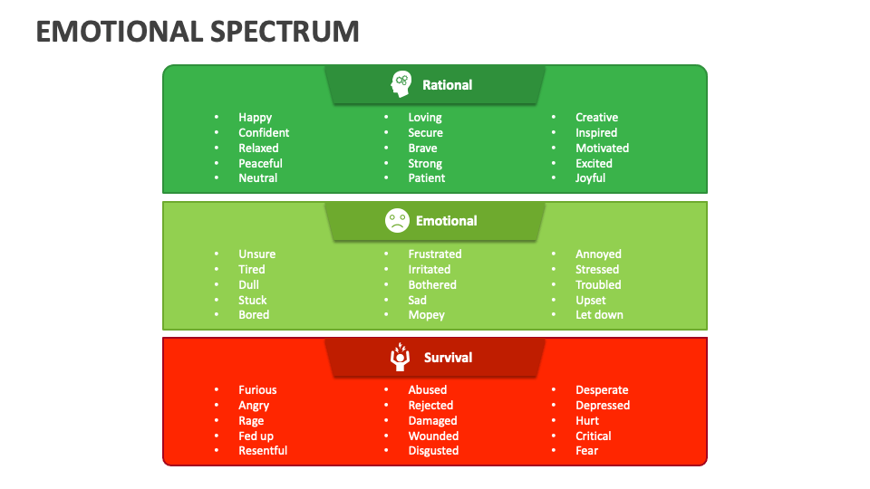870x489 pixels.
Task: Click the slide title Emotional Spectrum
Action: tap(198, 31)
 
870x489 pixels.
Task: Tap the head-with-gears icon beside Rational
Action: tap(400, 84)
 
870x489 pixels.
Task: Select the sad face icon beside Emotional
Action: tap(396, 220)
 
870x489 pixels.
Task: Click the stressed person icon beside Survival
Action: tap(400, 357)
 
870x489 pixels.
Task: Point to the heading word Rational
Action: tap(447, 85)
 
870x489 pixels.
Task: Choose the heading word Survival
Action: tap(448, 358)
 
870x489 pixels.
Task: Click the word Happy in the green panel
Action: tap(255, 118)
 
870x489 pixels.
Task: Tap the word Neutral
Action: tap(257, 178)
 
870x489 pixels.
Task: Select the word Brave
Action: tap(422, 149)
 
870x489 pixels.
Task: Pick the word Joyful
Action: tap(590, 178)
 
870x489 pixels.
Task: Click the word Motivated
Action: tap(602, 149)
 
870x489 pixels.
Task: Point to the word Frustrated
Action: tap(434, 254)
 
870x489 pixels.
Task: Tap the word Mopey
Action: tap(426, 315)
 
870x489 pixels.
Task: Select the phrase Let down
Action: tap(599, 315)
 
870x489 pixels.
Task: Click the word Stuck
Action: tap(253, 301)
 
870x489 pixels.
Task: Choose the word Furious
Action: tap(257, 390)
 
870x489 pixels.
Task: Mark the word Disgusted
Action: tap(433, 451)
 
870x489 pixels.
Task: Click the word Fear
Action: tap(586, 451)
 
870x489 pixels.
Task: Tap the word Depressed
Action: tap(602, 406)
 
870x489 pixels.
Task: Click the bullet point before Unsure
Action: tap(217, 254)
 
